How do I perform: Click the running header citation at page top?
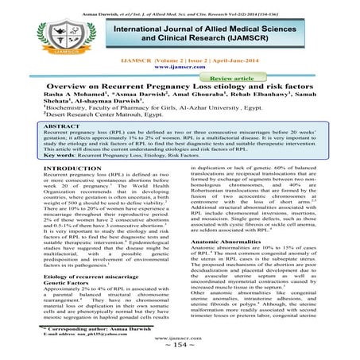[180, 6]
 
